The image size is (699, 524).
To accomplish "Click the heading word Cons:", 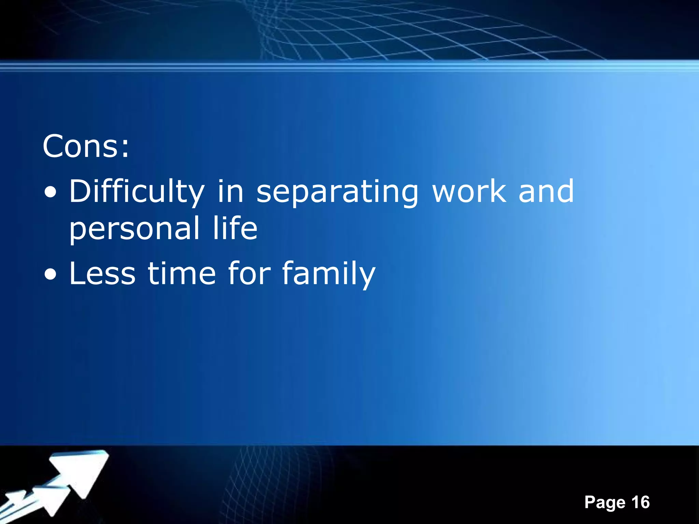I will (x=86, y=146).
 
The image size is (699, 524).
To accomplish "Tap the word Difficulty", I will (x=137, y=192).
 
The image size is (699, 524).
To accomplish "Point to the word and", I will (x=546, y=191).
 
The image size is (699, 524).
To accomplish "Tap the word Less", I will (x=102, y=273).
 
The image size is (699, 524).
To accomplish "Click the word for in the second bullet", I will (x=249, y=273).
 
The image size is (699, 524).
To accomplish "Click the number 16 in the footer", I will (x=640, y=502).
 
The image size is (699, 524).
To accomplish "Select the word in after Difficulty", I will (x=230, y=191).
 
